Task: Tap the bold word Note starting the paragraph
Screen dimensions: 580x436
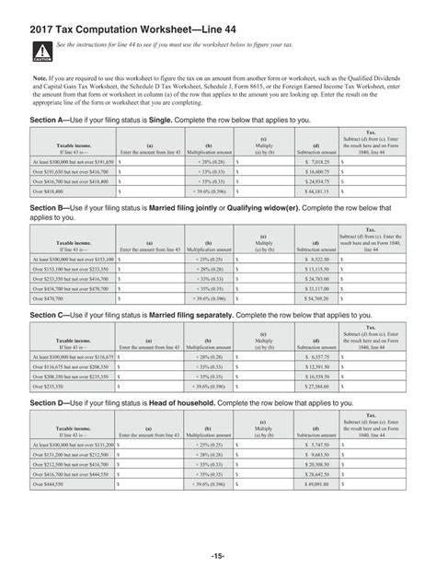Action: point(40,79)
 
